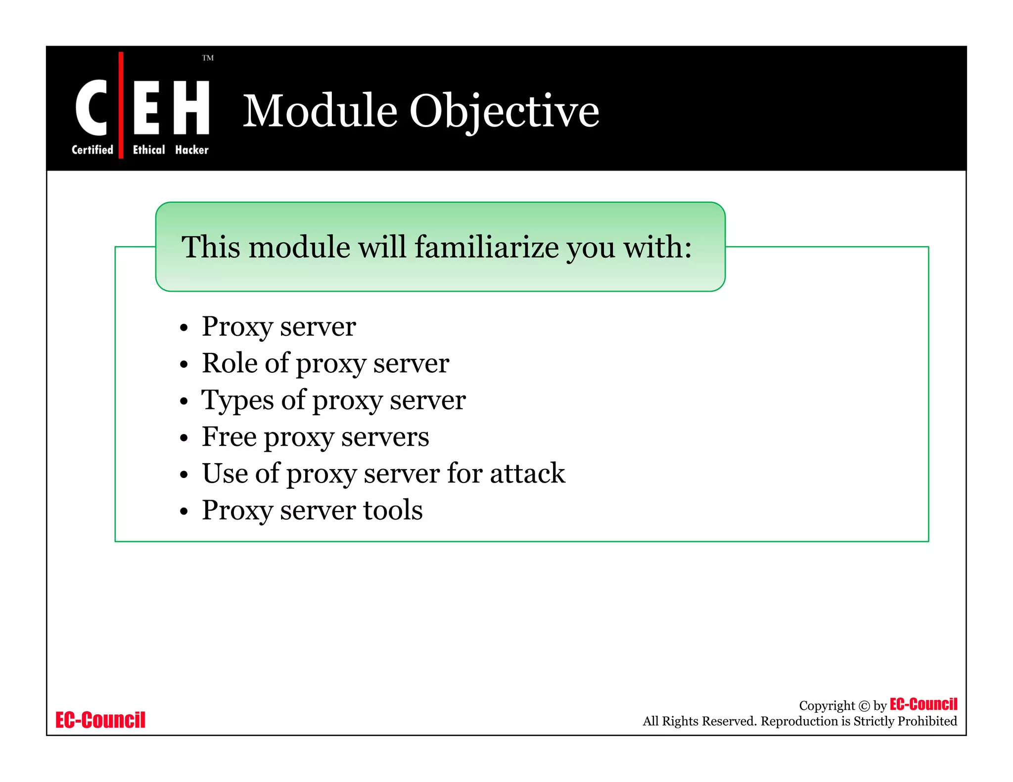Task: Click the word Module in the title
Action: (320, 111)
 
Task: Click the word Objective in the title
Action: (504, 111)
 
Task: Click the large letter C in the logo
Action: (92, 107)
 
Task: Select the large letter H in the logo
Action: (191, 107)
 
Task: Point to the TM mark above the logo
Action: (208, 58)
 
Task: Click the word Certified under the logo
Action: (92, 150)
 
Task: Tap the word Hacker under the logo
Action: (192, 150)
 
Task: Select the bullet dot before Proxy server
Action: (184, 328)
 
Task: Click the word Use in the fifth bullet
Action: (225, 474)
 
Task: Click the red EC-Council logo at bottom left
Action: (100, 720)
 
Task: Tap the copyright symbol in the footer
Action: (864, 706)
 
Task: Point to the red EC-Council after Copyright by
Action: (923, 704)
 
